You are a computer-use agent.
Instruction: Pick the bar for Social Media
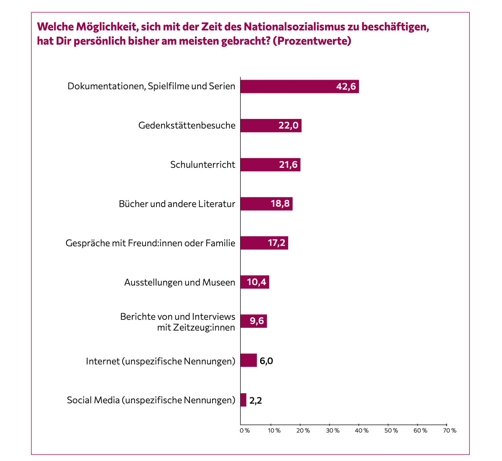243,400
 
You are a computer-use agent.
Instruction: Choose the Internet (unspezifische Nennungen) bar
248,361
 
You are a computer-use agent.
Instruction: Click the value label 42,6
346,87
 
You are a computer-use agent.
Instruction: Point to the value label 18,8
280,204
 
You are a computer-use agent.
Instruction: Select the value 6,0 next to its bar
266,361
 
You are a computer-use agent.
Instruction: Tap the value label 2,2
256,400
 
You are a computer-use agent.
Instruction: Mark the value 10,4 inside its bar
256,282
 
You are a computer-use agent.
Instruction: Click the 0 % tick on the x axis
245,431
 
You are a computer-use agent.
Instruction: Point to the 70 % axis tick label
450,431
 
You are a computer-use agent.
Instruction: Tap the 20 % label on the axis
304,431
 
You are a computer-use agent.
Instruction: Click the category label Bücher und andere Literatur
177,204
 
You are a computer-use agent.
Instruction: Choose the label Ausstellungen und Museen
179,283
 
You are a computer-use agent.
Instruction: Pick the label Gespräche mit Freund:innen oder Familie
151,243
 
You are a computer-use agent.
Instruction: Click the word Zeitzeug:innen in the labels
196,327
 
